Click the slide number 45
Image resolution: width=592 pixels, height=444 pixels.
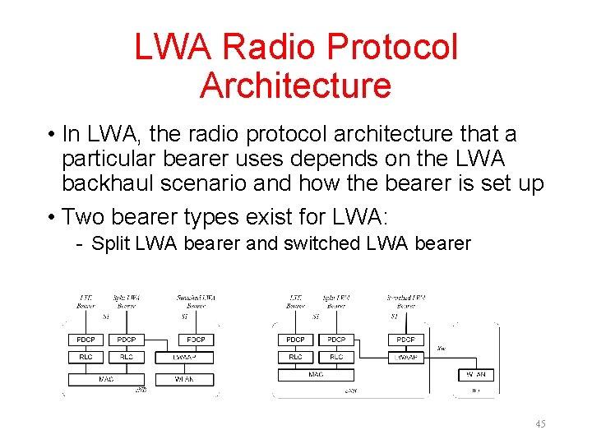540,423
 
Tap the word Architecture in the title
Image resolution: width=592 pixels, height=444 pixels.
295,86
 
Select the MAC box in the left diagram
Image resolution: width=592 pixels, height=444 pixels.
105,379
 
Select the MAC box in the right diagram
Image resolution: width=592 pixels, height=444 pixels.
316,374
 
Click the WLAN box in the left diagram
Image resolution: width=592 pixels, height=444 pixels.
183,379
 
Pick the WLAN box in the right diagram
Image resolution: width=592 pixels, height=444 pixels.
475,375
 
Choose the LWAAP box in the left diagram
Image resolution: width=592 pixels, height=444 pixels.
194,358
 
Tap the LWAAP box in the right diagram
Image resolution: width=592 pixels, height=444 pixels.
406,358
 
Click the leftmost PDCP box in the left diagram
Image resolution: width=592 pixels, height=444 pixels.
86,339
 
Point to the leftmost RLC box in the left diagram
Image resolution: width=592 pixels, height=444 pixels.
86,358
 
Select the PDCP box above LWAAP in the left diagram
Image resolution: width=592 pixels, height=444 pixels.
195,339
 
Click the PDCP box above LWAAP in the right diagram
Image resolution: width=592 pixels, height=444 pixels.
406,339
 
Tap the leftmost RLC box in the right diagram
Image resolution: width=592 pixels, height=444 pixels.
295,358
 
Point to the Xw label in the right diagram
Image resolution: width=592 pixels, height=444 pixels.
442,349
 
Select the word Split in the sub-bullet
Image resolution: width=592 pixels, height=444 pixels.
106,243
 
